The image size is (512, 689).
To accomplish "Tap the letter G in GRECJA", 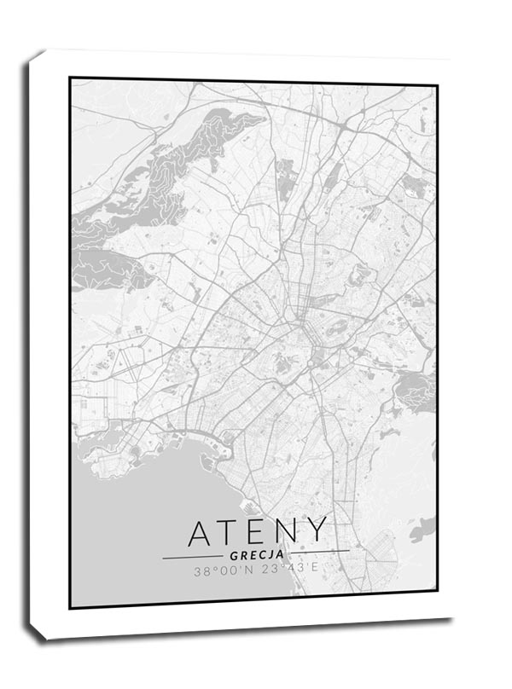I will pyautogui.click(x=233, y=555).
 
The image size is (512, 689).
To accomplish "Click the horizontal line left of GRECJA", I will pyautogui.click(x=192, y=557).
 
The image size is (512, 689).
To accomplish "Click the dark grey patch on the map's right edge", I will pyautogui.click(x=416, y=391).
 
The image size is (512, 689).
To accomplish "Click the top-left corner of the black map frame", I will pyautogui.click(x=71, y=78).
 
